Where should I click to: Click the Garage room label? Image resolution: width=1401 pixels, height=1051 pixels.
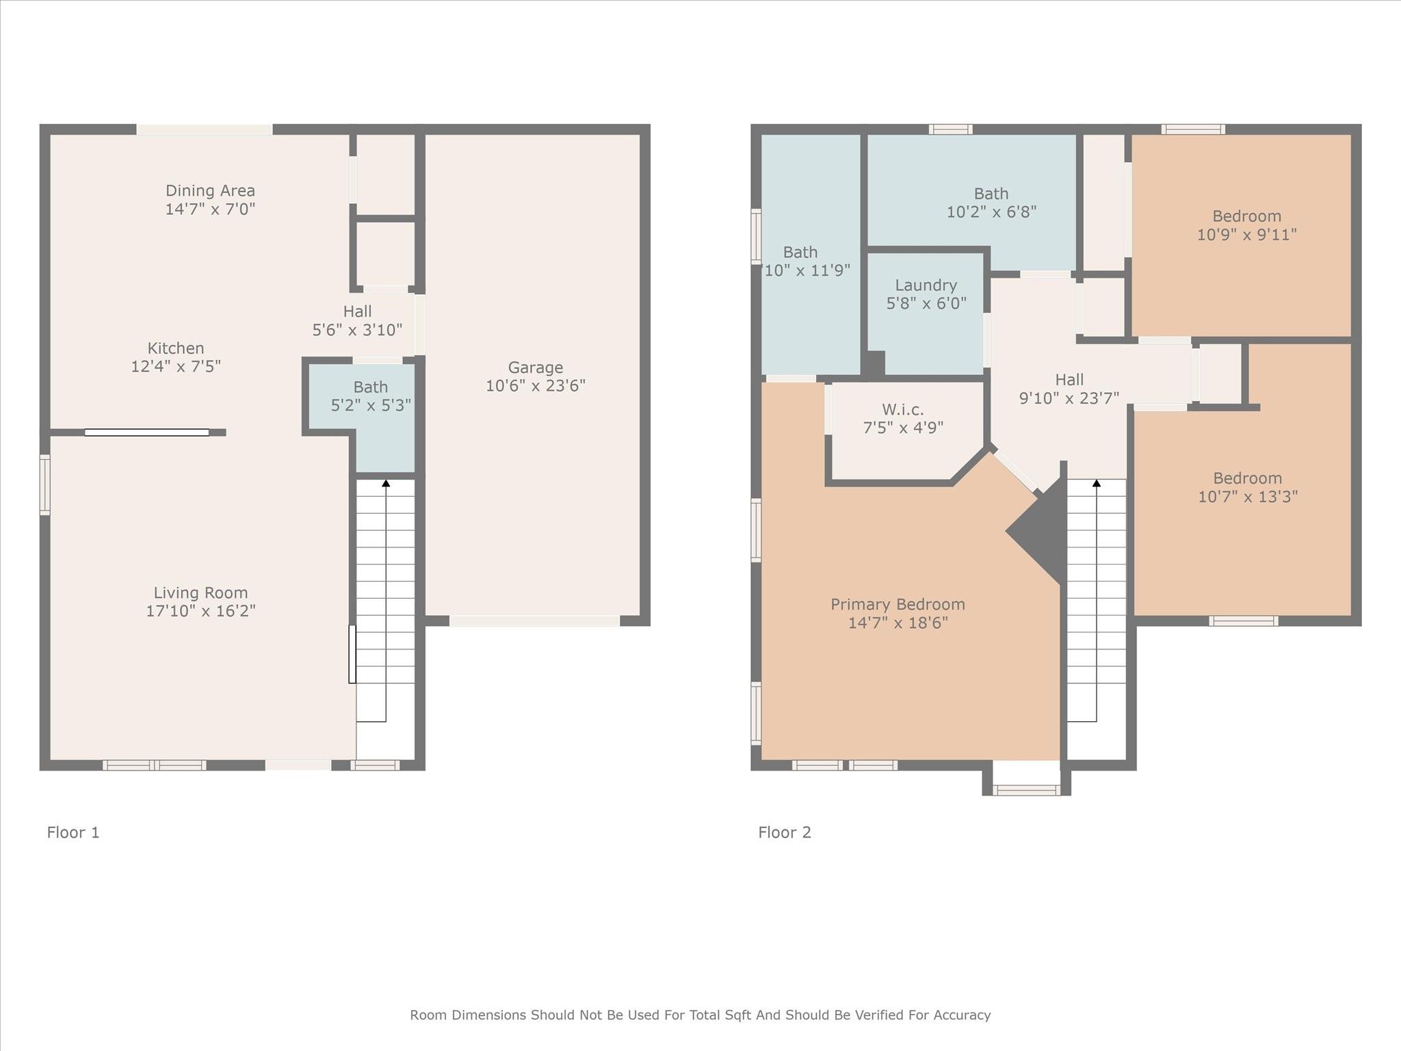tap(535, 368)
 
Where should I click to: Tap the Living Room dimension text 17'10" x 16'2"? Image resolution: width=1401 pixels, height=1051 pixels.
tap(200, 611)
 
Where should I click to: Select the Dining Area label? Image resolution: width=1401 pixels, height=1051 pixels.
tap(210, 191)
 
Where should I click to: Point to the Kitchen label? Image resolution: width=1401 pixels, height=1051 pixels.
tap(176, 348)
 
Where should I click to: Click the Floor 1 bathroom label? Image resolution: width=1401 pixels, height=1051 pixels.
tap(371, 387)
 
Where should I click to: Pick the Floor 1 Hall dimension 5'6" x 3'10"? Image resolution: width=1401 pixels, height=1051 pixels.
tap(357, 330)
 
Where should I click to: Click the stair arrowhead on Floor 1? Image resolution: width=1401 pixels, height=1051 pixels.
tap(386, 483)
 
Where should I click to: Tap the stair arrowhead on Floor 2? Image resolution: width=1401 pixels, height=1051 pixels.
tap(1097, 483)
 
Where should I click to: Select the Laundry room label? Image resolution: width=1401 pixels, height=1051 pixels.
tap(926, 285)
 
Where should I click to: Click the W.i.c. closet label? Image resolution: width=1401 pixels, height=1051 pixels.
tap(903, 410)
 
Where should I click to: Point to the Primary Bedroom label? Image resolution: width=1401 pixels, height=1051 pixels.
tap(898, 605)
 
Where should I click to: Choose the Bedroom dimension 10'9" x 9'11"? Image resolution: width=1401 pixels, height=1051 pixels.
tap(1246, 235)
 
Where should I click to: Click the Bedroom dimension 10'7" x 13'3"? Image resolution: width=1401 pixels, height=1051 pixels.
tap(1248, 497)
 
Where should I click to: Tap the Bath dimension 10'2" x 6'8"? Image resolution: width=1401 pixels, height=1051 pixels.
tap(991, 212)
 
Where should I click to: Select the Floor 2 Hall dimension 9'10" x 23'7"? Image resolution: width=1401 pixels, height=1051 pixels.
tap(1069, 398)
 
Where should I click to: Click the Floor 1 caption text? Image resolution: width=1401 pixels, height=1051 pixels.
tap(73, 833)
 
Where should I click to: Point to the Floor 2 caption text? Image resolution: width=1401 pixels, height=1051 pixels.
tap(785, 833)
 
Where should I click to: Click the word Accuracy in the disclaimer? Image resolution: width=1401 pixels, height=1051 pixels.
tap(961, 1015)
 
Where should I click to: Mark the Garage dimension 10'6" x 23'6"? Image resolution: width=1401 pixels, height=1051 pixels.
tap(536, 386)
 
